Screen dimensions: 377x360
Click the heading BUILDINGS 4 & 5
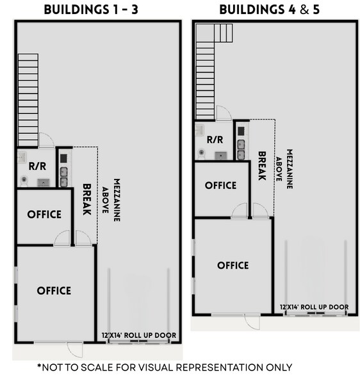pos(269,10)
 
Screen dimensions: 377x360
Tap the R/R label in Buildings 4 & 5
pos(215,139)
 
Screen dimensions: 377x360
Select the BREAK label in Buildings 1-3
pos(87,199)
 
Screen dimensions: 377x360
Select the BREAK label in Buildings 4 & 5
pos(261,165)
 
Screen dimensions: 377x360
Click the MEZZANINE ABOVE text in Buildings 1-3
pos(111,200)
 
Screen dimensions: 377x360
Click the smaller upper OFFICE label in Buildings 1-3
pos(44,214)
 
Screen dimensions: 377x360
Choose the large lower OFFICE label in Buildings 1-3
pos(54,290)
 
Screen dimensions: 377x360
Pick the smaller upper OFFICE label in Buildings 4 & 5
pos(220,185)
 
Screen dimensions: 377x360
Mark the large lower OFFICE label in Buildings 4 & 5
pos(233,265)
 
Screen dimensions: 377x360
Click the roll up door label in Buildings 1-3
pos(138,335)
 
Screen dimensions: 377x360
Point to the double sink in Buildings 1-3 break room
pos(64,176)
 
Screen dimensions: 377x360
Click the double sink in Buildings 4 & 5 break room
pos(241,149)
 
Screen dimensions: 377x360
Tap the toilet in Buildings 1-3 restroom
pos(24,180)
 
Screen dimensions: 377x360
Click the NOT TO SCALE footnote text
pos(165,367)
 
